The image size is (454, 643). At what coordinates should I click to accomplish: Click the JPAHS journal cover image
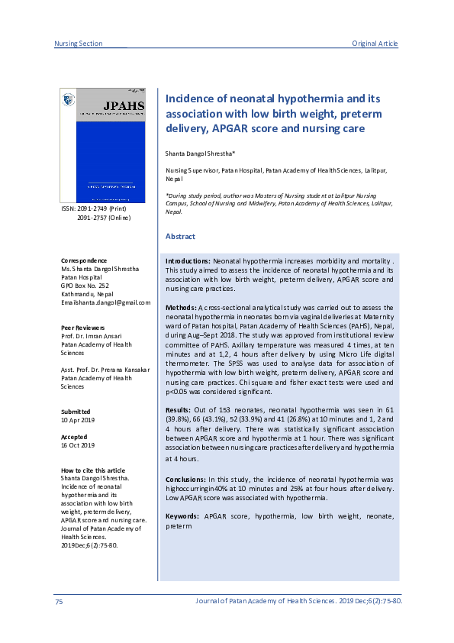[x=102, y=145]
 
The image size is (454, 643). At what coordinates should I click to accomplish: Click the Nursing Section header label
[x=79, y=44]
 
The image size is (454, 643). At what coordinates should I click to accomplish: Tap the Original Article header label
[x=375, y=44]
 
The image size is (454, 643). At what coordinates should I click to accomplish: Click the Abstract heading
[x=180, y=237]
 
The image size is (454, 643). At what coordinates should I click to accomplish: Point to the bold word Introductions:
[x=188, y=261]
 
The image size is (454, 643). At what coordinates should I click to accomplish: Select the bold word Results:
[x=179, y=410]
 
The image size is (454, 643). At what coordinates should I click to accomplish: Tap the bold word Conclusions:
[x=186, y=479]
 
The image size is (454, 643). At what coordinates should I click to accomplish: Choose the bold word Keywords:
[x=183, y=517]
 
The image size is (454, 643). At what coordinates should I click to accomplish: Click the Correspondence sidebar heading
[x=84, y=260]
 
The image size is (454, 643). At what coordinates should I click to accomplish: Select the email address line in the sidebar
[x=105, y=302]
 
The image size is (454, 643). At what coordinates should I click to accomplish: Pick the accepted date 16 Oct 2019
[x=78, y=445]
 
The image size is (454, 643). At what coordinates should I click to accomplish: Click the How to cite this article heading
[x=92, y=470]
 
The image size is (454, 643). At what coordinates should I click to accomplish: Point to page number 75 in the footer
[x=59, y=603]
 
